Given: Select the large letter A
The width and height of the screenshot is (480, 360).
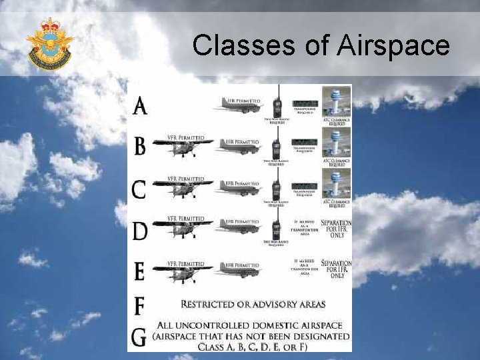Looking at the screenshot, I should (x=140, y=105).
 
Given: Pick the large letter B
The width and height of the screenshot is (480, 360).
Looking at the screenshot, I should (x=139, y=146).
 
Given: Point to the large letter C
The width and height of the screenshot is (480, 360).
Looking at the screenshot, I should (x=139, y=189).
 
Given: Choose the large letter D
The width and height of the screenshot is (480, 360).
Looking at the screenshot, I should (x=139, y=231).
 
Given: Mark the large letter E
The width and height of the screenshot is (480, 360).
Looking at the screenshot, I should (x=139, y=271).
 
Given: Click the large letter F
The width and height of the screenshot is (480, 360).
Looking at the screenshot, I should (x=139, y=306).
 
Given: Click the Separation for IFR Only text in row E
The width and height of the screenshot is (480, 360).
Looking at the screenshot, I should (x=336, y=268).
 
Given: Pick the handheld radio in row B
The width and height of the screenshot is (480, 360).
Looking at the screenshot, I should (x=275, y=143).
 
